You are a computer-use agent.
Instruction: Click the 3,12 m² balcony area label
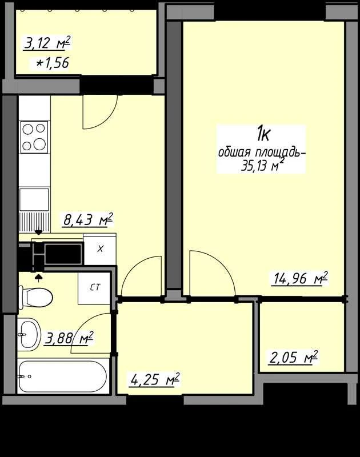(x=47, y=43)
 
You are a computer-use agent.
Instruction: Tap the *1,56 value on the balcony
(x=53, y=62)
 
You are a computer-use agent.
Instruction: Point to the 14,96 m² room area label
(x=299, y=278)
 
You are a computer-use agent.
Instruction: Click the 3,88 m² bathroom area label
(x=69, y=338)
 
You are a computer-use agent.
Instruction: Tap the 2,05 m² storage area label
(x=293, y=358)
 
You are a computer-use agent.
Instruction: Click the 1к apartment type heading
(x=263, y=135)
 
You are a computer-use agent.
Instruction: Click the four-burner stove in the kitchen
(x=34, y=137)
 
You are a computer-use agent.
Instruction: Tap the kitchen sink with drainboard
(x=34, y=210)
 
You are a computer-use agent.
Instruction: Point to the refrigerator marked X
(x=100, y=249)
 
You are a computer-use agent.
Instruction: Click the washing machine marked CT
(x=94, y=288)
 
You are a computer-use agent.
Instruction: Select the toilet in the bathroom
(x=35, y=297)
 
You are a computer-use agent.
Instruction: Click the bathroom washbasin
(x=28, y=334)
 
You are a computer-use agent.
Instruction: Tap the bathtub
(x=63, y=376)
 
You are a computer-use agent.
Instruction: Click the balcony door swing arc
(x=109, y=119)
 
